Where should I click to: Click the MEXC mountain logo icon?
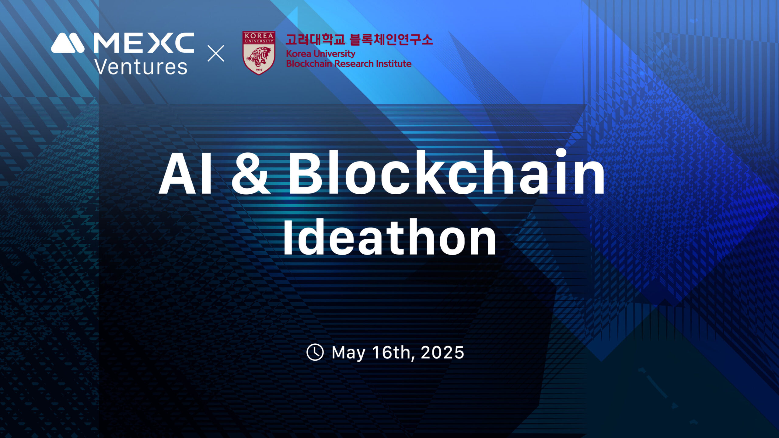coord(68,43)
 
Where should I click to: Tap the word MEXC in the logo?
coord(144,43)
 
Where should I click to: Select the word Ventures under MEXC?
coord(141,67)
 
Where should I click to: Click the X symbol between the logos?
coord(216,53)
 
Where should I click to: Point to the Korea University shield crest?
coord(259,53)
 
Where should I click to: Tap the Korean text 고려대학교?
coord(315,40)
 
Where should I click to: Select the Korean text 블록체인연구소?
coord(391,40)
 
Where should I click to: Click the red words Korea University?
coord(321,54)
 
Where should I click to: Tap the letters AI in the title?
coord(186,172)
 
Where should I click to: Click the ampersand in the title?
coord(250,172)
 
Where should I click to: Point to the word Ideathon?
coord(390,237)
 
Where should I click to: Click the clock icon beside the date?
coord(315,352)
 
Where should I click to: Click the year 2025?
coord(442,353)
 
